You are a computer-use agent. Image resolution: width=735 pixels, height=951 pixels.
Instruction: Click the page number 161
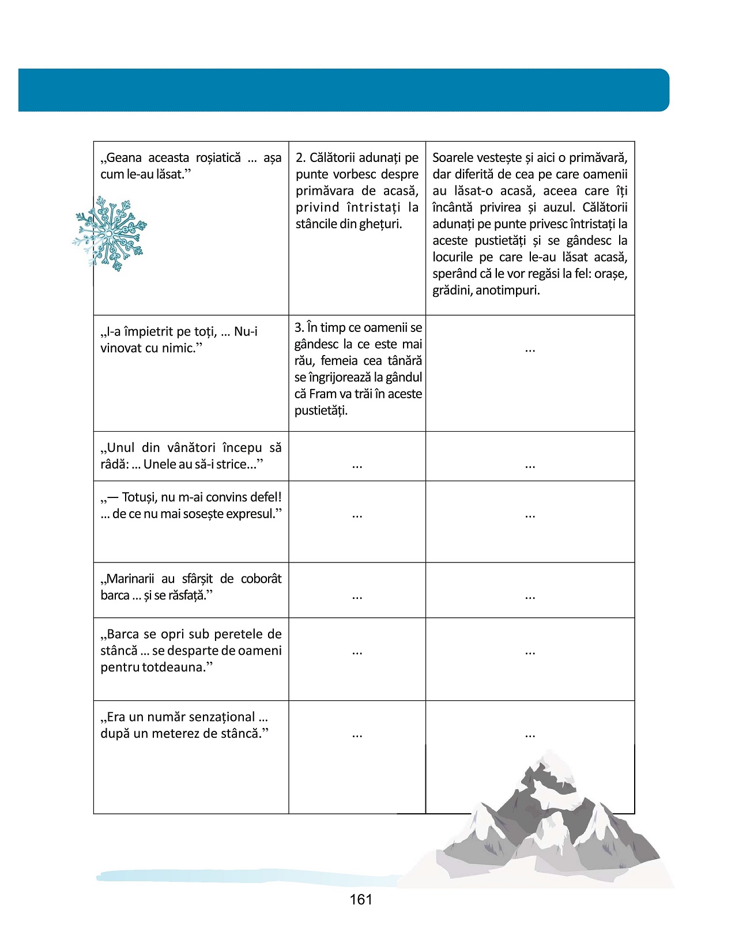click(361, 900)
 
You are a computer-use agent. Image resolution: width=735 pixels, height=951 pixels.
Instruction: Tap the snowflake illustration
click(110, 233)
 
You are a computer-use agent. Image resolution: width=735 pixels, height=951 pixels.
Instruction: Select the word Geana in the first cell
click(124, 158)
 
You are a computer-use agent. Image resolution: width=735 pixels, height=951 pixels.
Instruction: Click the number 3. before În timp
click(299, 328)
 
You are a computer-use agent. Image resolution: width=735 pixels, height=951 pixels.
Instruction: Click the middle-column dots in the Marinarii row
click(357, 595)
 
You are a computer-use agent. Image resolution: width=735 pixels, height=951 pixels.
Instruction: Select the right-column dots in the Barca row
click(530, 651)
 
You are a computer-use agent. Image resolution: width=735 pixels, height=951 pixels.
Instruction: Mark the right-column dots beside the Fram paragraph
click(530, 349)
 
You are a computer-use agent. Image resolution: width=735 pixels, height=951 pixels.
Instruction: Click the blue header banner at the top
click(344, 90)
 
